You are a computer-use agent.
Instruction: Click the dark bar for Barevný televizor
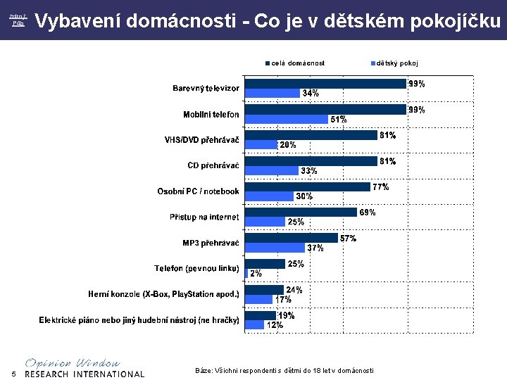pyautogui.click(x=325, y=84)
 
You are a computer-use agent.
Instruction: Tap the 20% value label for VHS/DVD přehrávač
pyautogui.click(x=288, y=145)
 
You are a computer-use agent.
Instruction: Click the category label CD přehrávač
pyautogui.click(x=213, y=166)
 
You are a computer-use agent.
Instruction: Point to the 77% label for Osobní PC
pyautogui.click(x=380, y=187)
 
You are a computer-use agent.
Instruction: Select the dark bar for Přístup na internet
pyautogui.click(x=300, y=213)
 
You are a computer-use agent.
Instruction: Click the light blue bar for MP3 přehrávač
pyautogui.click(x=275, y=248)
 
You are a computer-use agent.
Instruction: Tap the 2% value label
pyautogui.click(x=256, y=273)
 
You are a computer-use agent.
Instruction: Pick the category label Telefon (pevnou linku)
pyautogui.click(x=197, y=268)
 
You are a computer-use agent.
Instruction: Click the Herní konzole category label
pyautogui.click(x=163, y=293)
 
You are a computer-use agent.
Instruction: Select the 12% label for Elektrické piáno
pyautogui.click(x=275, y=325)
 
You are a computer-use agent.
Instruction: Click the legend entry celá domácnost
pyautogui.click(x=298, y=63)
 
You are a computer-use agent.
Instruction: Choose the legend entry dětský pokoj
pyautogui.click(x=396, y=63)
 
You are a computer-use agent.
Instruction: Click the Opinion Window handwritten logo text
pyautogui.click(x=73, y=362)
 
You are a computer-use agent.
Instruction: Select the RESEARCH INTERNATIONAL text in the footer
pyautogui.click(x=84, y=374)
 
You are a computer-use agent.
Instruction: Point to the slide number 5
pyautogui.click(x=13, y=373)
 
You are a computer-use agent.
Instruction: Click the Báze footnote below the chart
pyautogui.click(x=284, y=370)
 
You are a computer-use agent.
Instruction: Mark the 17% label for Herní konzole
pyautogui.click(x=283, y=299)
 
